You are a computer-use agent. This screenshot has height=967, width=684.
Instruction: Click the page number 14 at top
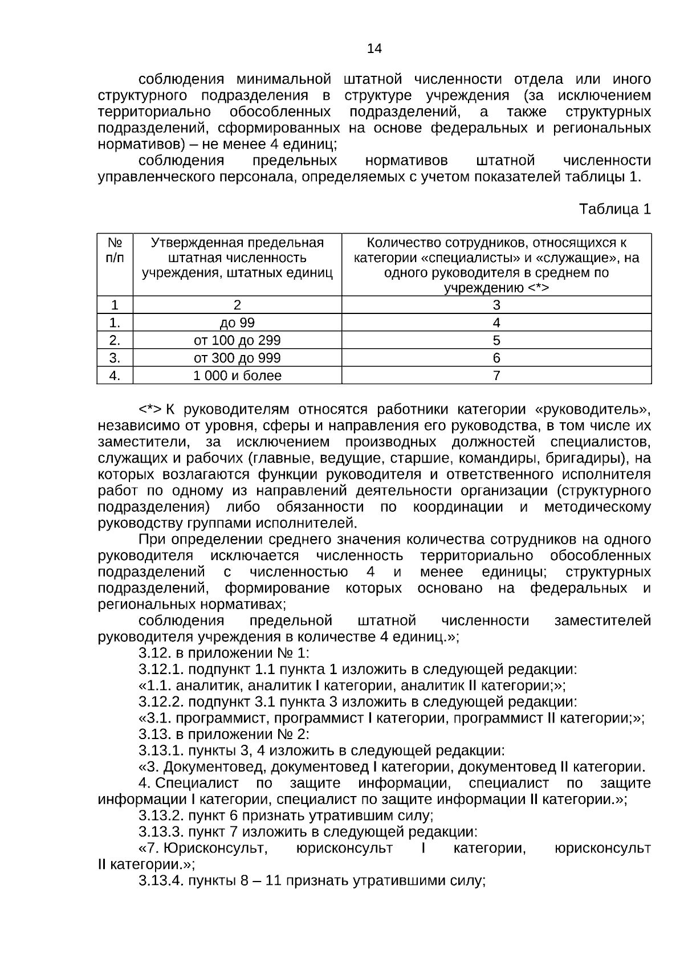(x=374, y=48)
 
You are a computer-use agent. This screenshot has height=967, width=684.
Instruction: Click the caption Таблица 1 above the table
(x=614, y=209)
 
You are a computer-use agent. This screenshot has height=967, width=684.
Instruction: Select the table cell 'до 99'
(x=237, y=323)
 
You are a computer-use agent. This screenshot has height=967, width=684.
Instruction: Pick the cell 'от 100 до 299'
(x=237, y=341)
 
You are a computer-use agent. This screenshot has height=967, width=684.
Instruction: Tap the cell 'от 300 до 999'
(x=237, y=358)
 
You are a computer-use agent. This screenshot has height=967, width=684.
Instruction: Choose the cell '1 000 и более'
(x=237, y=376)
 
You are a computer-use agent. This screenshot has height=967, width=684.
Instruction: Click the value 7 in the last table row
(x=496, y=376)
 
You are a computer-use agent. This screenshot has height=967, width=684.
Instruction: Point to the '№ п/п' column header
(x=115, y=250)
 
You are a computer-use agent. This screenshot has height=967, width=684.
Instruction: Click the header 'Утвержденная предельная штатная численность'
(x=237, y=250)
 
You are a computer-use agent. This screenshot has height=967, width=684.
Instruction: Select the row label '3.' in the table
(x=115, y=358)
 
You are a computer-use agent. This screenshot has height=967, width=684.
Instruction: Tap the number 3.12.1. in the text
(x=161, y=670)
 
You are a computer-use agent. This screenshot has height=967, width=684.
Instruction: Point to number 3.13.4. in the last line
(x=161, y=881)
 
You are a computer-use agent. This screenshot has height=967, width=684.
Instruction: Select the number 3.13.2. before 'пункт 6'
(x=161, y=816)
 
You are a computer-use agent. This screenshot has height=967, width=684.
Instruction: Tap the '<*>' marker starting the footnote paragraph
(x=149, y=410)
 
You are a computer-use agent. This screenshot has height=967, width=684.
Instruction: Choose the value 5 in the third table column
(x=496, y=341)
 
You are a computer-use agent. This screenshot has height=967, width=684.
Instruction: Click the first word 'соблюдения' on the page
(x=181, y=80)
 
